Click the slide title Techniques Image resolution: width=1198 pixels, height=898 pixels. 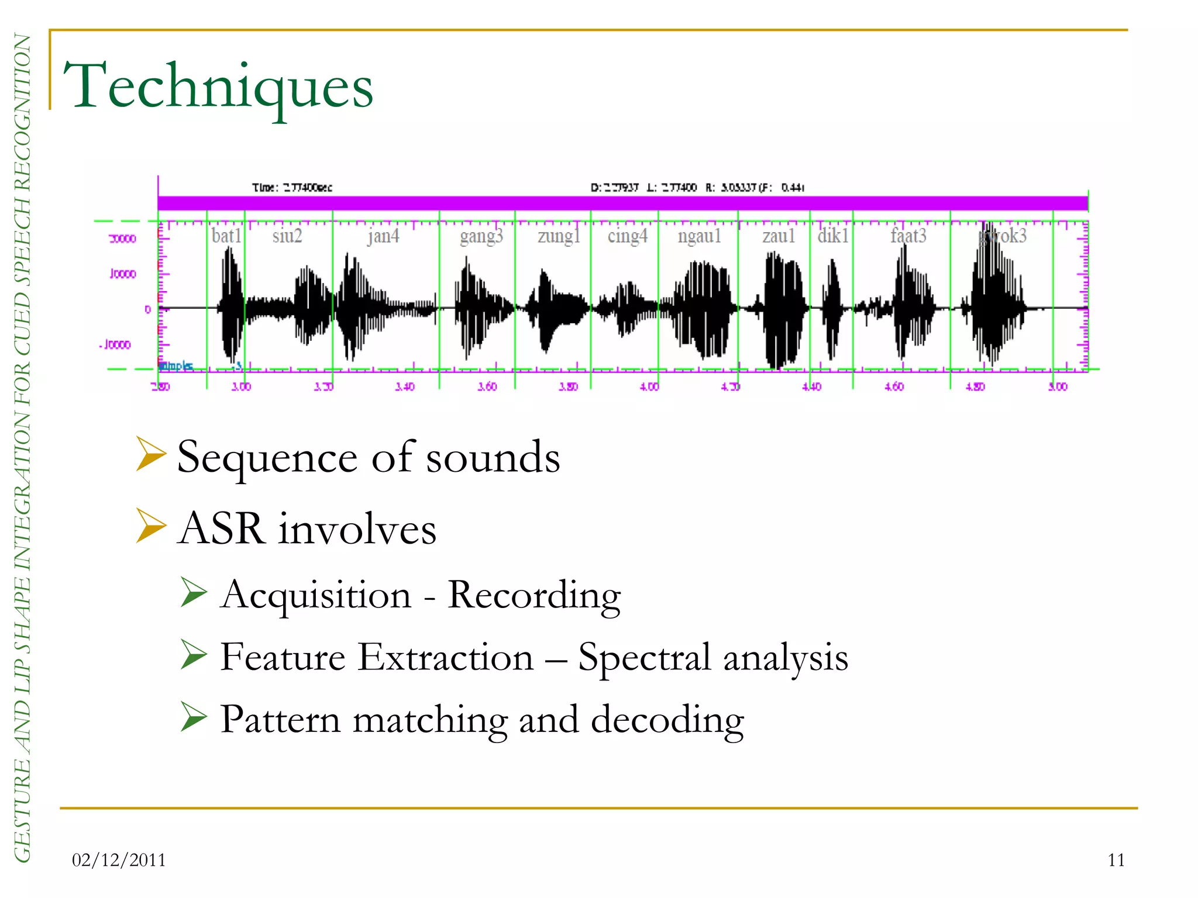218,87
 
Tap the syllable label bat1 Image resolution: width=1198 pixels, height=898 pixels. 226,236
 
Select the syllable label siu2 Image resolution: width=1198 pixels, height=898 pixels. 287,236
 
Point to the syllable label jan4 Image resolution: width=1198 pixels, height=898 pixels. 384,236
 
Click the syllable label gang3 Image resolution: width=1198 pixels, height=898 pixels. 481,236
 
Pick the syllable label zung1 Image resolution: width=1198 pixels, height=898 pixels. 559,236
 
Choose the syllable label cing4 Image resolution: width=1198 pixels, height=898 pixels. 627,236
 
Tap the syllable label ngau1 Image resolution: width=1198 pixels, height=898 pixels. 699,236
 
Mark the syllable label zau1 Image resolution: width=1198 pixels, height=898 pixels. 779,236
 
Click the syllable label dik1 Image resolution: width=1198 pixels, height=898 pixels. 832,236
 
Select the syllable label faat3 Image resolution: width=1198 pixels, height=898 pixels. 908,236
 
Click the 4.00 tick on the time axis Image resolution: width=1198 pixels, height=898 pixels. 649,386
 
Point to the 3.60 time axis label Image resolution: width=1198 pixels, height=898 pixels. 487,386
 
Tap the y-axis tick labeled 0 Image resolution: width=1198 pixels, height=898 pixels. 148,309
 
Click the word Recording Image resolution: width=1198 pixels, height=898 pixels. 533,596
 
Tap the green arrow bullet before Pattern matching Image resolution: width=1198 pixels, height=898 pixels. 194,717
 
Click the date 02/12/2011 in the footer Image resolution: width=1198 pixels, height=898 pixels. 119,860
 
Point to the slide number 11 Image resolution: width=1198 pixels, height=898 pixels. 1116,860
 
